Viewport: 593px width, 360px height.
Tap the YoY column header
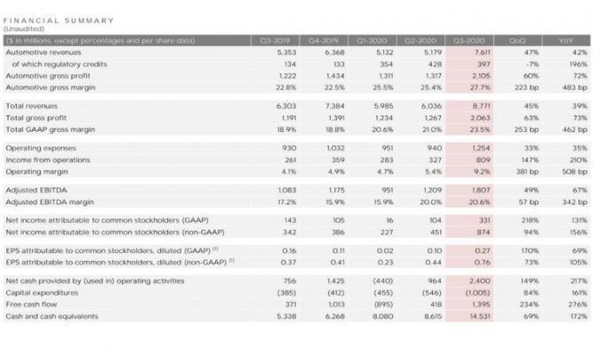click(x=565, y=40)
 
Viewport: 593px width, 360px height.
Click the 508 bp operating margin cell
click(x=568, y=172)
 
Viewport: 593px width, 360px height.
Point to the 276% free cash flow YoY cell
click(x=572, y=303)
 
